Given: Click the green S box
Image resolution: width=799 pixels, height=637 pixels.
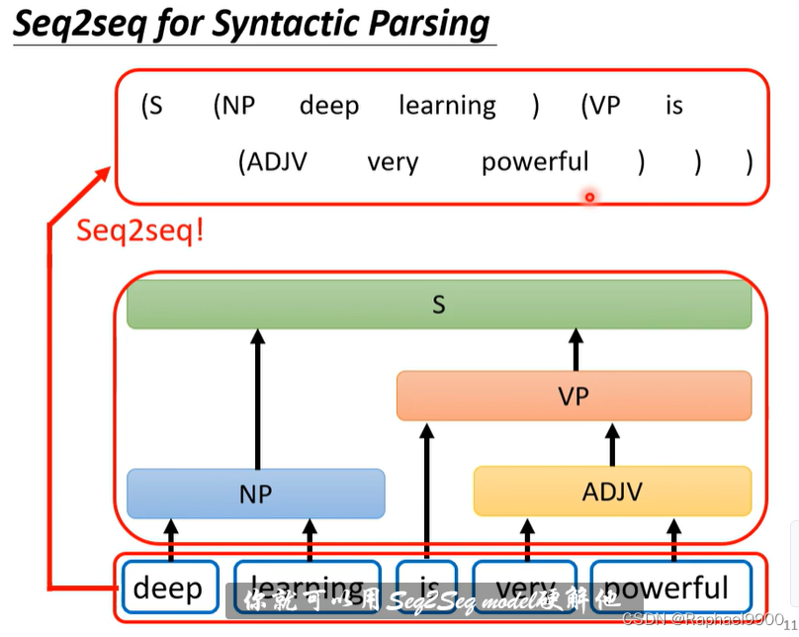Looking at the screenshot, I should (438, 304).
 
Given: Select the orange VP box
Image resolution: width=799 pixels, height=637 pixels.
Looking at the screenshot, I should (574, 396).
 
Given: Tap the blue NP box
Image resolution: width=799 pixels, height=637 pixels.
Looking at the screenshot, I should (255, 493).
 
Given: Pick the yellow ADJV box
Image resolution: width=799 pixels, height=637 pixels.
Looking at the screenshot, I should (612, 492).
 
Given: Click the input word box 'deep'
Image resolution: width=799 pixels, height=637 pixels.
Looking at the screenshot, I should (167, 588).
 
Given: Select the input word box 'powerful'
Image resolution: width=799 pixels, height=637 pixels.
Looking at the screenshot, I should (671, 588).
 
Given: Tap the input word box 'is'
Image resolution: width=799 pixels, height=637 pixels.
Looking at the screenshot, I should (426, 588).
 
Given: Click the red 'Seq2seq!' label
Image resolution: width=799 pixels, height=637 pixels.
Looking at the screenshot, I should (139, 231).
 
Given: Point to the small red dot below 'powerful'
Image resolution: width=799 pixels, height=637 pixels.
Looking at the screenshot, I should (589, 197).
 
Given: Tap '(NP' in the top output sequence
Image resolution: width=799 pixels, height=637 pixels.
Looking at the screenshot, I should (234, 106).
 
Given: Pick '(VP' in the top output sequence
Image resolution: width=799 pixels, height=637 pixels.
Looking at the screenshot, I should (600, 106).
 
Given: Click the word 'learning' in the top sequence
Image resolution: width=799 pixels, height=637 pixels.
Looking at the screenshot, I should (447, 106).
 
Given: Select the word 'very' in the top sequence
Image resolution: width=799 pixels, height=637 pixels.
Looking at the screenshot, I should (393, 162).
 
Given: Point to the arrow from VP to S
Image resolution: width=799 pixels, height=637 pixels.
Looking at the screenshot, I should (575, 350).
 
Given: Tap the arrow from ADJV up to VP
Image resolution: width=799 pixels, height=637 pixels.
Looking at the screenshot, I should (612, 444).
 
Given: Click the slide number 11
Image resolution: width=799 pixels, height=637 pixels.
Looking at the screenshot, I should (790, 624).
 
